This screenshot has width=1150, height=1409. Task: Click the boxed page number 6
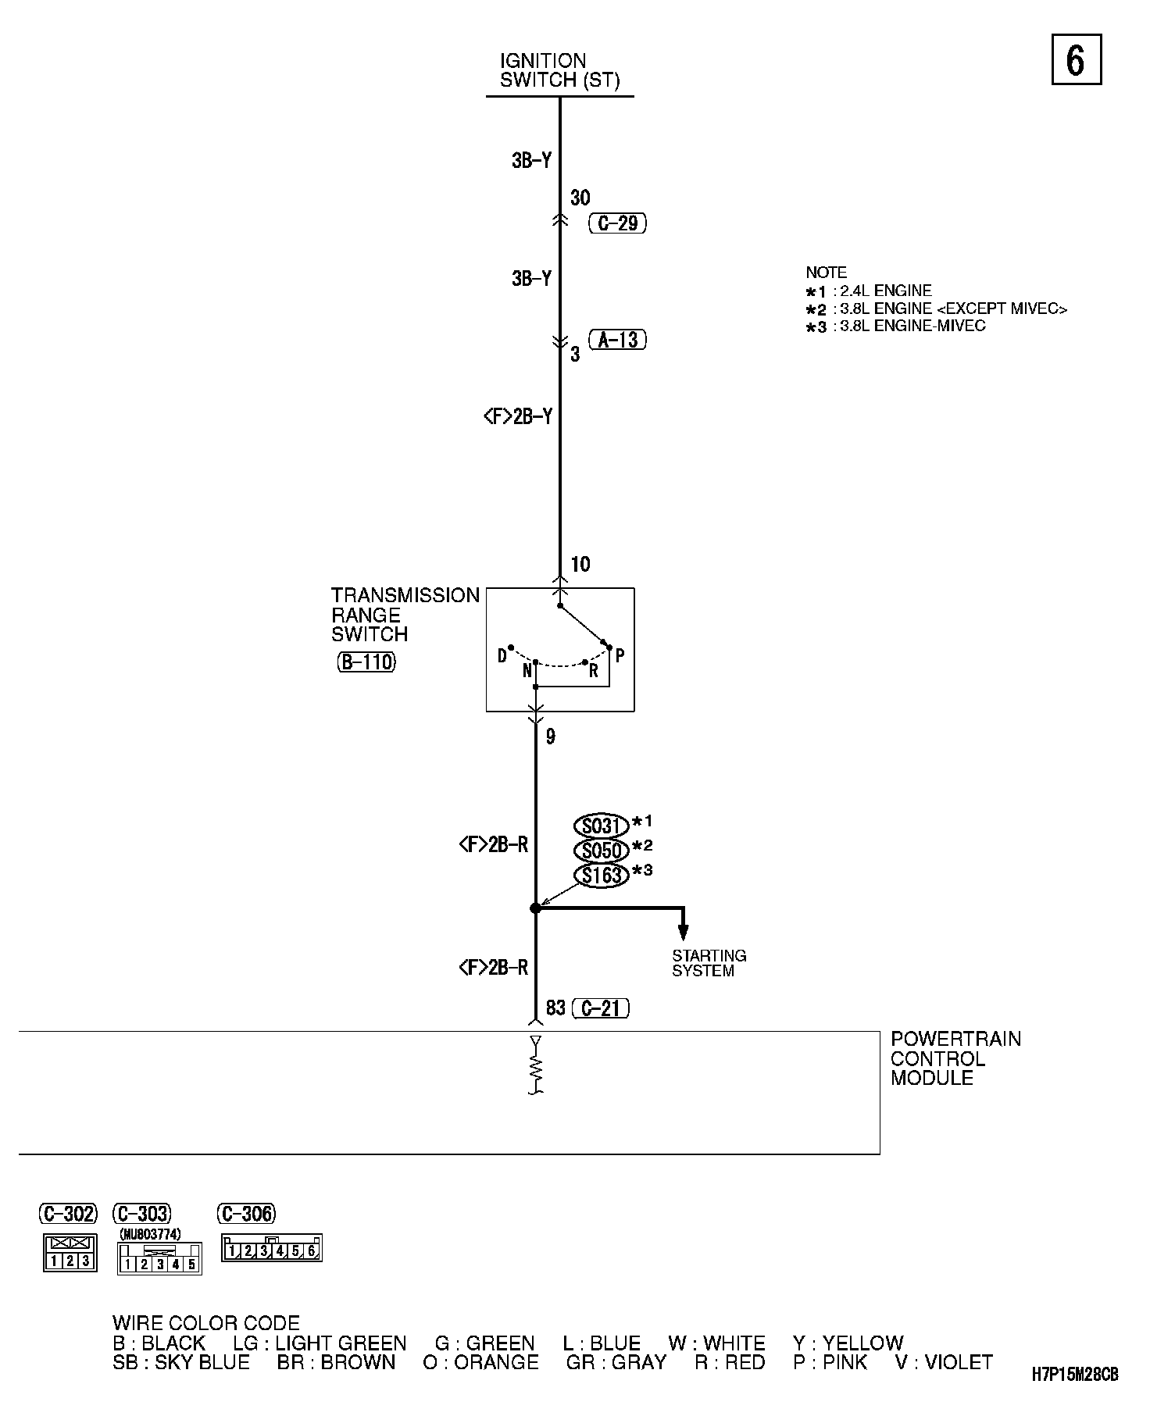(1076, 59)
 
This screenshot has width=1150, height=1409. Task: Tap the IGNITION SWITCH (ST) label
(559, 70)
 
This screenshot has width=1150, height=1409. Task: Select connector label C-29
(617, 223)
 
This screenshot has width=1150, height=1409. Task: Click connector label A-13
(617, 340)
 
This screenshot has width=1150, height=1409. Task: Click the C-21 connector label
(600, 1008)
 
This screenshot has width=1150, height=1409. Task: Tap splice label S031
(601, 826)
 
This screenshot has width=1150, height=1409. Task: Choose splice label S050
(601, 851)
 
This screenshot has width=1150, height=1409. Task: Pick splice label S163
(601, 876)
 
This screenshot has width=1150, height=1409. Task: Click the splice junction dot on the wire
(535, 908)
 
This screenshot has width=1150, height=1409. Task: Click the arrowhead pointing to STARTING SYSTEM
(683, 931)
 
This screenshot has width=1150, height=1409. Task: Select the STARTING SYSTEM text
(709, 963)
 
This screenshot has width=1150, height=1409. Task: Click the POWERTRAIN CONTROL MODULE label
(955, 1058)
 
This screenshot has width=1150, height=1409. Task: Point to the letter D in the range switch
(502, 656)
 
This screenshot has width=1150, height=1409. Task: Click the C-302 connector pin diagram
(70, 1252)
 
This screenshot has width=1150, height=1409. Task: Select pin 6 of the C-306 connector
(312, 1251)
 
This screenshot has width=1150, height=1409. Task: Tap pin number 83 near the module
(555, 1008)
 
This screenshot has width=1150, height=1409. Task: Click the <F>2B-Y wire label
(517, 417)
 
